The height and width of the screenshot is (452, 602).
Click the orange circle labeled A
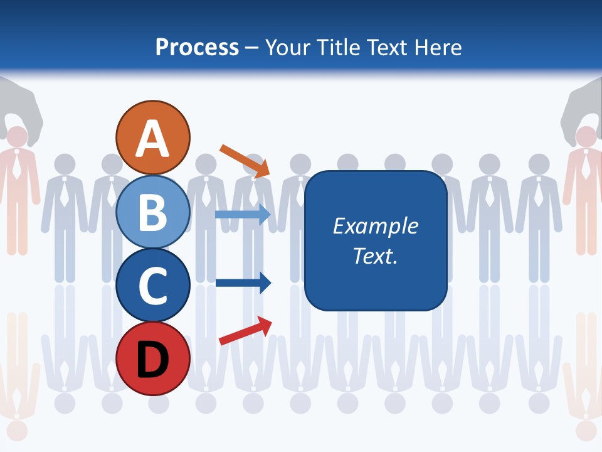click(x=153, y=137)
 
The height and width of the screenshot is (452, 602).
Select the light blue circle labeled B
click(x=153, y=212)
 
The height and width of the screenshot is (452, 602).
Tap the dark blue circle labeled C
click(x=153, y=285)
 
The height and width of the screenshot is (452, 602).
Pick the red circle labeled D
click(x=153, y=358)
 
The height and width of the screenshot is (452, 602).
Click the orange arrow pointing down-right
click(x=245, y=161)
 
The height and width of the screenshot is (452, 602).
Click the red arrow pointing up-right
click(x=245, y=331)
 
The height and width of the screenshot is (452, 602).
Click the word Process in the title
click(x=197, y=47)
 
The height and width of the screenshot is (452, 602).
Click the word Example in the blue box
click(x=375, y=226)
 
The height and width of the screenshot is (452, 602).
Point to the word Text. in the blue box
click(x=375, y=256)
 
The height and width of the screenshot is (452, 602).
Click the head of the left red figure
click(x=17, y=137)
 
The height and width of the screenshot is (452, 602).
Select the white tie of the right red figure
click(x=585, y=166)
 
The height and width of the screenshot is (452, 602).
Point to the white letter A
click(x=153, y=138)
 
